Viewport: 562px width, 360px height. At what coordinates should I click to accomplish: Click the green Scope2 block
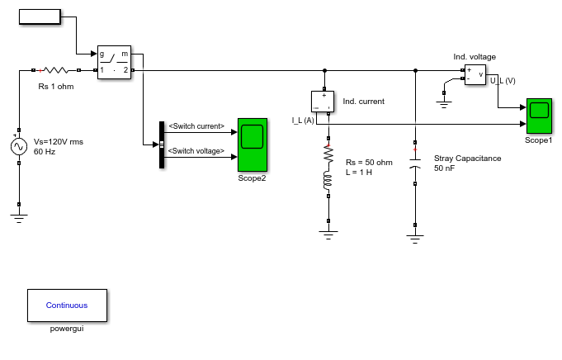pyautogui.click(x=253, y=144)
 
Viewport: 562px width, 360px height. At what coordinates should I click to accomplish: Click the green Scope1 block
pyautogui.click(x=539, y=116)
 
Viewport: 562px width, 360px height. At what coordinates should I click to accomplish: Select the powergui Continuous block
pyautogui.click(x=67, y=306)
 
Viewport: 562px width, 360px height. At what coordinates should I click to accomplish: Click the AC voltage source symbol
pyautogui.click(x=19, y=147)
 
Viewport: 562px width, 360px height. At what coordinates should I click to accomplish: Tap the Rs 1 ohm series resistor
pyautogui.click(x=56, y=70)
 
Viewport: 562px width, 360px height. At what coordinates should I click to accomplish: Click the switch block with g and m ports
pyautogui.click(x=115, y=63)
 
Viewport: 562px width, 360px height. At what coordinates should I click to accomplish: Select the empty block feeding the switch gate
pyautogui.click(x=40, y=17)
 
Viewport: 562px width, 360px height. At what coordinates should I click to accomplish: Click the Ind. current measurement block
pyautogui.click(x=323, y=102)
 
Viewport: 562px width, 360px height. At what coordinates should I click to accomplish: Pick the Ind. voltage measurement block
pyautogui.click(x=475, y=74)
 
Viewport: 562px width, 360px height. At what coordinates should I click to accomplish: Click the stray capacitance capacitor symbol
pyautogui.click(x=415, y=163)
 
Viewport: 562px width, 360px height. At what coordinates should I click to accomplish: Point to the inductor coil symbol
pyautogui.click(x=328, y=181)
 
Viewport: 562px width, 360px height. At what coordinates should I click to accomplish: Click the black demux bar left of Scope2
pyautogui.click(x=162, y=144)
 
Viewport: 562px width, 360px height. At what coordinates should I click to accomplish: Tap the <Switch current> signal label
pyautogui.click(x=196, y=126)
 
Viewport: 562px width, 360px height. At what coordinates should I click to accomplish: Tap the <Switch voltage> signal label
pyautogui.click(x=196, y=151)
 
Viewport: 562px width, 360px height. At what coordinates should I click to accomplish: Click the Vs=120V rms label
pyautogui.click(x=59, y=142)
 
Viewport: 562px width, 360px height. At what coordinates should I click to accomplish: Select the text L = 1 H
pyautogui.click(x=359, y=173)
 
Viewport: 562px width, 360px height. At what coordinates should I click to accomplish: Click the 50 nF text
pyautogui.click(x=445, y=168)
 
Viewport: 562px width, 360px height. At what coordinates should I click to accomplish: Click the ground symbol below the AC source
pyautogui.click(x=19, y=218)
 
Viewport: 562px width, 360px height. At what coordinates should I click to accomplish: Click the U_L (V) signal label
pyautogui.click(x=503, y=81)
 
